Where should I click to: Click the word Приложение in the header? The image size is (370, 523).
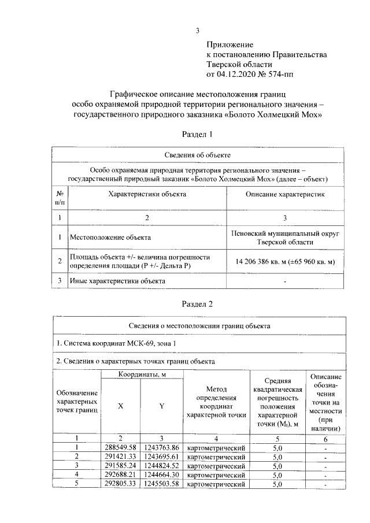tap(230, 44)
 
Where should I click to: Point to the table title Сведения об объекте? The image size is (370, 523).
tap(198, 155)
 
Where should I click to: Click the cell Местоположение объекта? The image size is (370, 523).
tap(110, 237)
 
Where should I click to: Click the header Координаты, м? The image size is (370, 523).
tap(142, 375)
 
